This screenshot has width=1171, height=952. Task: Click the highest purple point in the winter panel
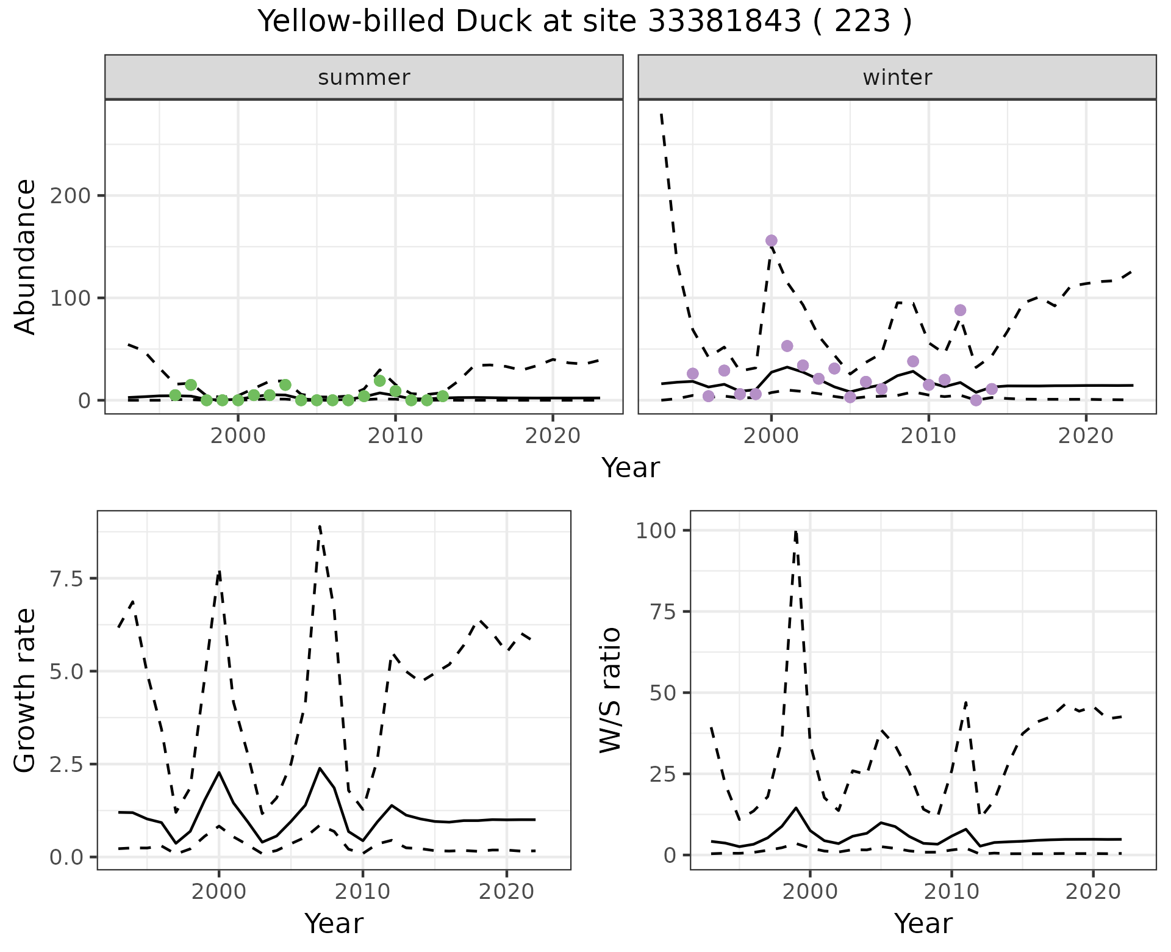click(771, 240)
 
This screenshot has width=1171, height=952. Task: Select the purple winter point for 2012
click(960, 310)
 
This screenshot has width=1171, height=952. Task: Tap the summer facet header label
click(364, 78)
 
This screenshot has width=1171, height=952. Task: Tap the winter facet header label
click(897, 78)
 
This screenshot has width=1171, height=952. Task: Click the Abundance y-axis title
click(26, 257)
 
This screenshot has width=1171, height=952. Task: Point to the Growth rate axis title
click(26, 690)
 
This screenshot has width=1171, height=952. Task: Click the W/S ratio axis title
click(611, 690)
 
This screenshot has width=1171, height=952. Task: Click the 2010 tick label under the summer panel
click(395, 436)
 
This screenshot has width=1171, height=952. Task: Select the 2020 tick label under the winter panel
click(1086, 436)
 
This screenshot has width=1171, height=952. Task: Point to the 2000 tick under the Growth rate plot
click(219, 892)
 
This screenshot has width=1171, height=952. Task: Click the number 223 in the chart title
click(862, 22)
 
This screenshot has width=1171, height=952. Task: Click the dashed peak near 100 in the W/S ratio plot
click(796, 531)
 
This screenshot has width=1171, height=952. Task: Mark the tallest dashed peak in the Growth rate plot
click(320, 526)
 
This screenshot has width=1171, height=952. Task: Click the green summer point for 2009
click(379, 381)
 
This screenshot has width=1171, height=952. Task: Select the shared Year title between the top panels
click(631, 468)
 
